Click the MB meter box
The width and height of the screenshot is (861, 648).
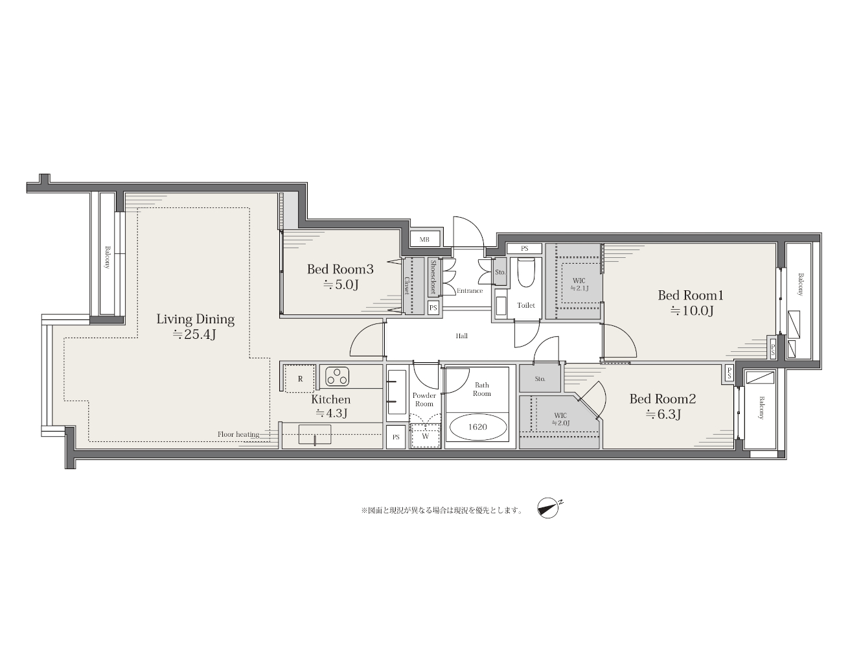424,239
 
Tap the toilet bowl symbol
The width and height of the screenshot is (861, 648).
525,272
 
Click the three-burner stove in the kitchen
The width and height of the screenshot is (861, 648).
337,376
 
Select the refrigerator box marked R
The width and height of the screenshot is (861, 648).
300,378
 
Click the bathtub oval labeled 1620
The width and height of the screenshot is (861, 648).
477,427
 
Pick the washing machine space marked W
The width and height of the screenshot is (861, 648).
425,436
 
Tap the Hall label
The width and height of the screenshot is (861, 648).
462,336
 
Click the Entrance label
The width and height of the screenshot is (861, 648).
470,291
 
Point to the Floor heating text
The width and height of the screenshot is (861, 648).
238,434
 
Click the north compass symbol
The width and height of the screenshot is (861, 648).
549,509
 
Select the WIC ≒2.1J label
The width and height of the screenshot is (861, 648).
579,284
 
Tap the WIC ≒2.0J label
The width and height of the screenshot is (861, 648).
560,419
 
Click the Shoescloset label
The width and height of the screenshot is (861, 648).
433,277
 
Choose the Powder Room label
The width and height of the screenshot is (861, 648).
424,400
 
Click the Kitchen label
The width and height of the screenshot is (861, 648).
330,399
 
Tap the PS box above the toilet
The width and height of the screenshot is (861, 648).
525,248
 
